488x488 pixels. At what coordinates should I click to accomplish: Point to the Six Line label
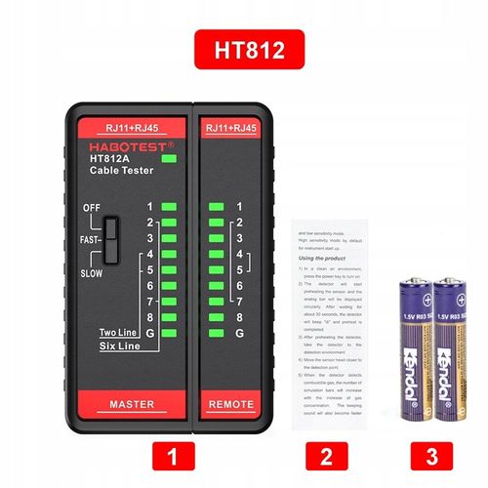(123, 346)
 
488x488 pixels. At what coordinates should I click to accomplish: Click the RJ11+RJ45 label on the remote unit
(231, 127)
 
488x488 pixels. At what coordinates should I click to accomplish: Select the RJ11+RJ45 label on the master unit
(131, 127)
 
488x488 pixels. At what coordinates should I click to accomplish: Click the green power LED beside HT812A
(170, 158)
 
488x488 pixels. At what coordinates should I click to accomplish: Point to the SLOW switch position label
(91, 273)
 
